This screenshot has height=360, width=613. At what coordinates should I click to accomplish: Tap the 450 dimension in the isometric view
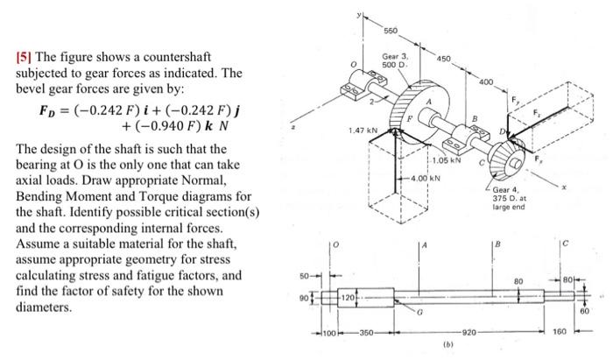442,59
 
